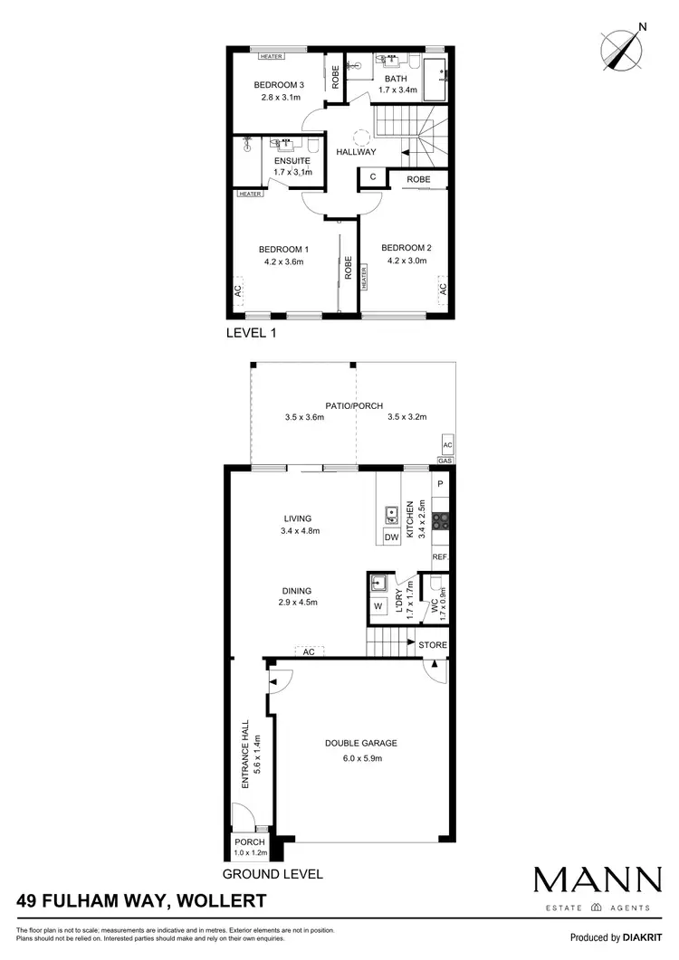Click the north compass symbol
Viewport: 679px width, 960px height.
point(620,47)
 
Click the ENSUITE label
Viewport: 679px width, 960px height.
point(292,161)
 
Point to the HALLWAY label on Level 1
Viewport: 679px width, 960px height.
point(356,152)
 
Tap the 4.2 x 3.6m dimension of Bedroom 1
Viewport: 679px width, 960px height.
point(282,261)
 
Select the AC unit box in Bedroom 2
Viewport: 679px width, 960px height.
point(443,290)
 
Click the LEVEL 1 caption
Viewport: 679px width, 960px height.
point(250,333)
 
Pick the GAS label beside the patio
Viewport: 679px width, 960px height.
point(445,461)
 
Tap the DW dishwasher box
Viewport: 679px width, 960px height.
point(391,538)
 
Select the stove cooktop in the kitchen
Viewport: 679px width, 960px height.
point(440,520)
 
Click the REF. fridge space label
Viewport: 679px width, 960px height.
point(440,557)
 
